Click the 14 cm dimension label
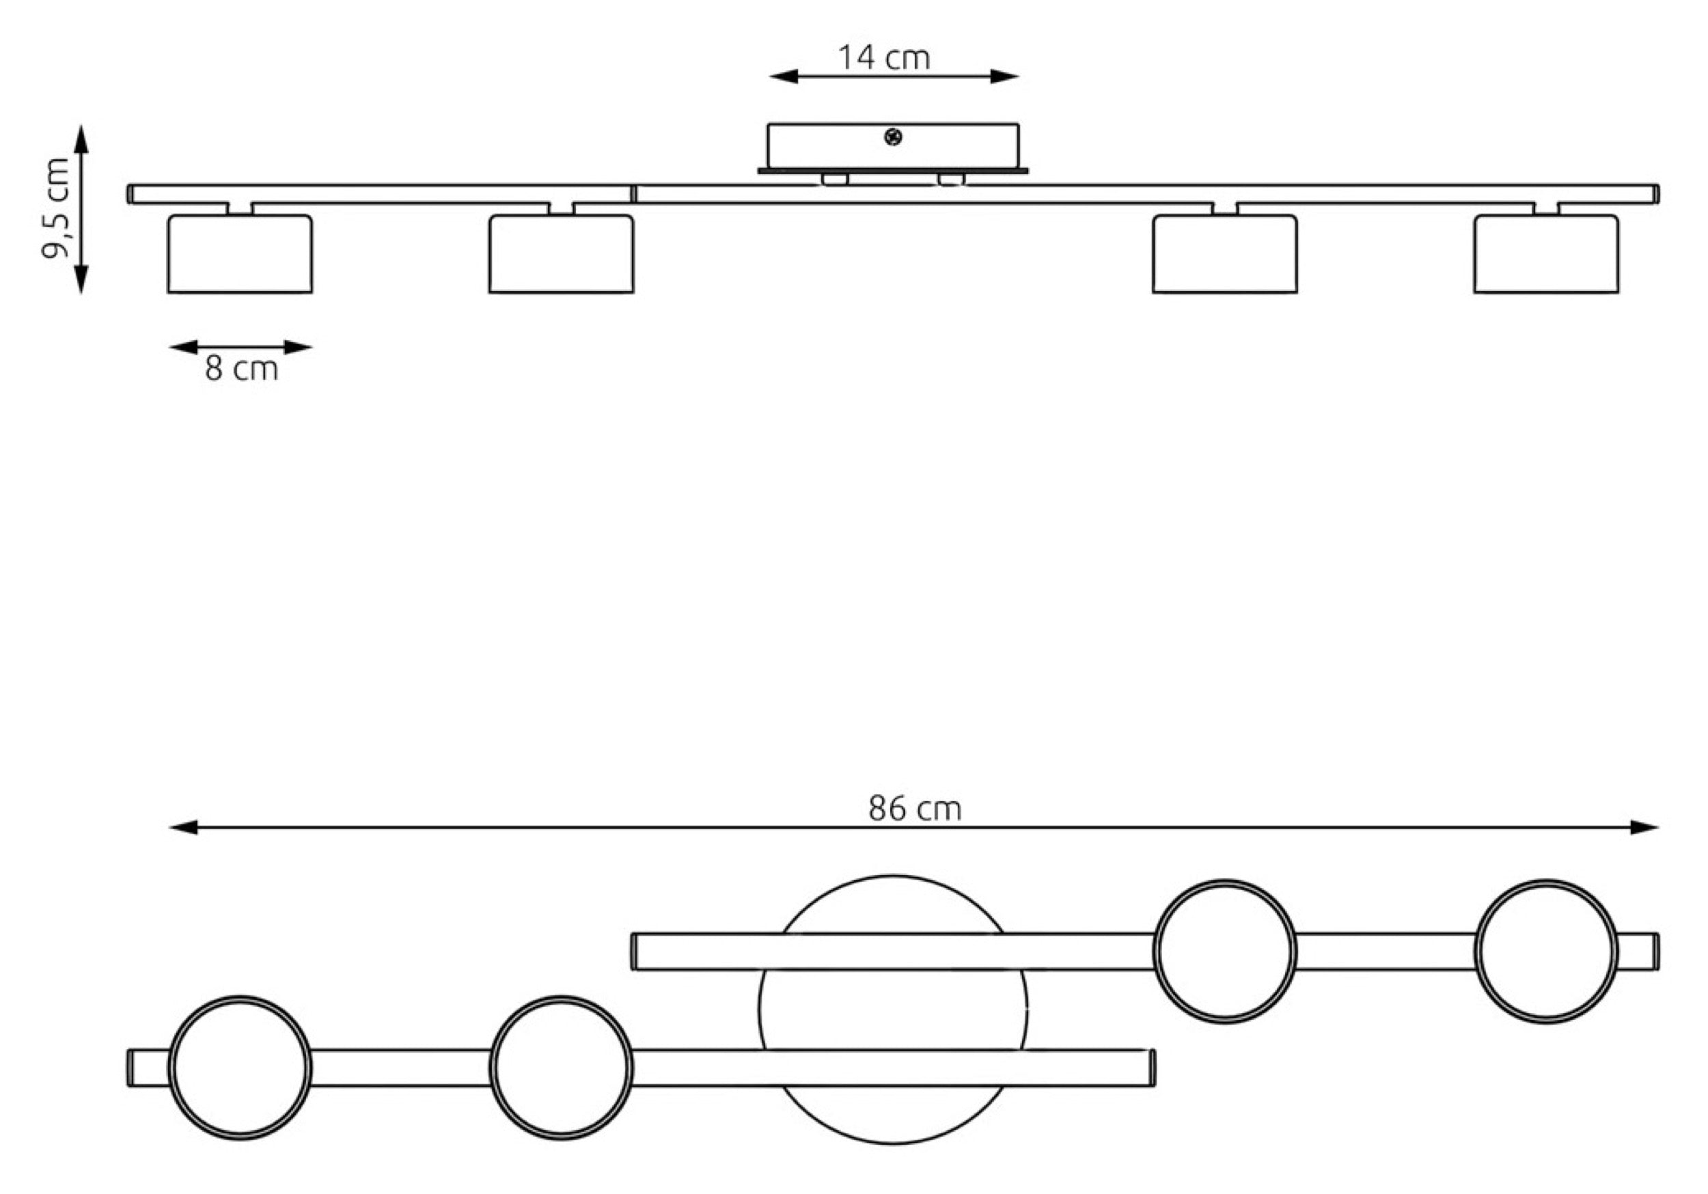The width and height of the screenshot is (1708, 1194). [884, 58]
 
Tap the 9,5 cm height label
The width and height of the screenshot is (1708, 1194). [57, 209]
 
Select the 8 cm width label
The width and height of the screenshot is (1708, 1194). [241, 369]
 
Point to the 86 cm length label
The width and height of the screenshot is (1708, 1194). [914, 809]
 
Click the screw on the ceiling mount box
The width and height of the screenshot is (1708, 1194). [894, 137]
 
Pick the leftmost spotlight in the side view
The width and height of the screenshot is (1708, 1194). [240, 253]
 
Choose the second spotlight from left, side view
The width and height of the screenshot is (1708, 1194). [562, 253]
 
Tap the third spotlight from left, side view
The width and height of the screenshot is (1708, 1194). [1225, 253]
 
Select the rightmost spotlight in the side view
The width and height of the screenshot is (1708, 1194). [1547, 253]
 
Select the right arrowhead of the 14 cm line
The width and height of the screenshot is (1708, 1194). [1004, 76]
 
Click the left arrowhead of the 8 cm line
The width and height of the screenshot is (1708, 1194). [183, 347]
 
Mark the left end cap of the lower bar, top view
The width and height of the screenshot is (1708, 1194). [130, 1068]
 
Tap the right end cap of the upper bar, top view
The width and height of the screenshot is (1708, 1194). [1656, 952]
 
